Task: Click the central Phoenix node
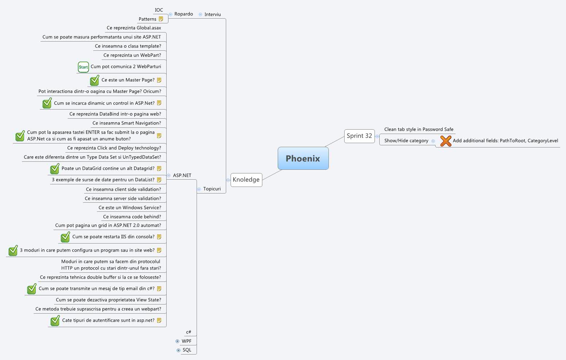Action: coord(303,158)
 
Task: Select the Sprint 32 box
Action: coord(359,136)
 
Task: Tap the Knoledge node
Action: coord(246,180)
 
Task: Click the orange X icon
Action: coord(445,141)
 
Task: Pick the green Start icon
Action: coord(83,67)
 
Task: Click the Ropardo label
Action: coord(183,14)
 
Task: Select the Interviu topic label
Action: coord(213,15)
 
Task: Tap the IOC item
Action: coord(159,10)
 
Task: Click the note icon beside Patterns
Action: coord(161,19)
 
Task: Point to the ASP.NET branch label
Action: coord(182,176)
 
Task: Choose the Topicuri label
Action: coord(212,189)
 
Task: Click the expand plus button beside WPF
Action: coord(178,341)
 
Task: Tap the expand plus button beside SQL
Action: coord(178,350)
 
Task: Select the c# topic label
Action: coord(189,332)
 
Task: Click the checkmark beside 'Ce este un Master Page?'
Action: coord(95,80)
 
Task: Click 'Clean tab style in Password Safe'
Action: coord(419,130)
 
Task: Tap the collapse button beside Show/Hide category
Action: coord(433,141)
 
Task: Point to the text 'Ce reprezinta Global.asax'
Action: coord(134,28)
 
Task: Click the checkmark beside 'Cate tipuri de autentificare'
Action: coord(55,321)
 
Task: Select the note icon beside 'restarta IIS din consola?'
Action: coord(159,237)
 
